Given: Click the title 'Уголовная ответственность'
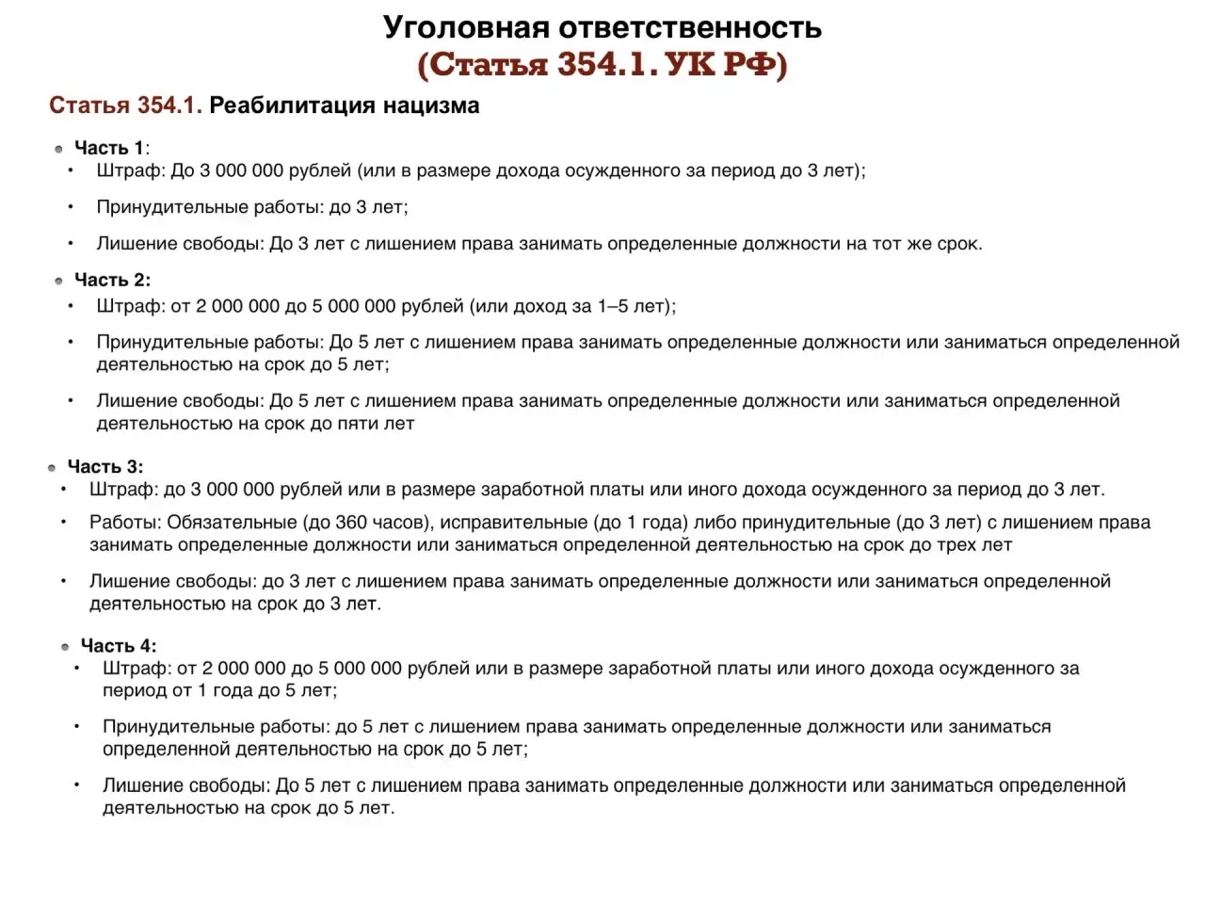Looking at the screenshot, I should (602, 27).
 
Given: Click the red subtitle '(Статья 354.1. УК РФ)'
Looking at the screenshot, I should (602, 65).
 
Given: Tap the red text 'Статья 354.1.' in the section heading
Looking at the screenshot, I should (125, 105).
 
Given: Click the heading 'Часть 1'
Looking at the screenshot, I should (109, 148).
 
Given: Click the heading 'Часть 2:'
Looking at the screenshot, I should (112, 280).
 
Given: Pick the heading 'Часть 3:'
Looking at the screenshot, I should (105, 466).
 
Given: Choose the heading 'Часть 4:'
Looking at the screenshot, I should (119, 645).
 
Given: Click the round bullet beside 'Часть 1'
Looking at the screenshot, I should (58, 149).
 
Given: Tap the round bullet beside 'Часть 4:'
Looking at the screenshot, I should (65, 647).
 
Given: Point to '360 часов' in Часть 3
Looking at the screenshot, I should (377, 523).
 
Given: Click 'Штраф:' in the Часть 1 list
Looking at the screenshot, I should (130, 171).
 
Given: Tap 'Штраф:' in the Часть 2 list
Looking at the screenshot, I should (130, 306).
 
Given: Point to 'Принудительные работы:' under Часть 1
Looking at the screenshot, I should (209, 207).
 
